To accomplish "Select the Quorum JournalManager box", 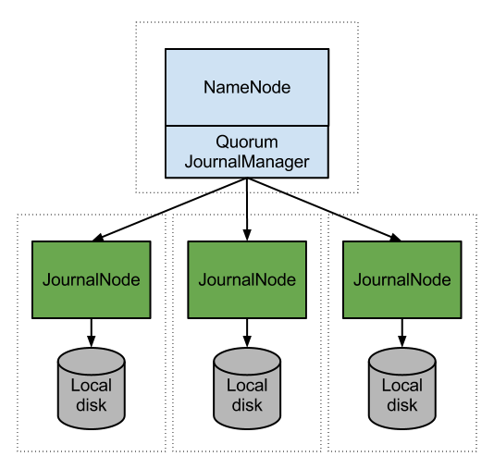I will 246,152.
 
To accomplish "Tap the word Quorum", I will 247,142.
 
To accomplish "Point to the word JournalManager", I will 247,162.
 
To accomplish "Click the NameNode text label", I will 247,88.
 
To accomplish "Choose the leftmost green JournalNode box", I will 91,279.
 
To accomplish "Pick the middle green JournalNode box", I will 246,279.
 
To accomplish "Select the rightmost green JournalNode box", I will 401,279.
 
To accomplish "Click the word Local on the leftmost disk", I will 91,385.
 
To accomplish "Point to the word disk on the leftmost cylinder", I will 91,405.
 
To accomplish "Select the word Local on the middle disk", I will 247,385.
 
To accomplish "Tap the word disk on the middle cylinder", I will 247,405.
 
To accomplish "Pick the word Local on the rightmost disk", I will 402,385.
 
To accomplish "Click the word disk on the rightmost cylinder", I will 402,405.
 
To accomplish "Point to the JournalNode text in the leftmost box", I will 91,279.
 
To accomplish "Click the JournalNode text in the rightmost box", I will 401,279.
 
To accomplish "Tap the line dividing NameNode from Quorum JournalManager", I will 246,125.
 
